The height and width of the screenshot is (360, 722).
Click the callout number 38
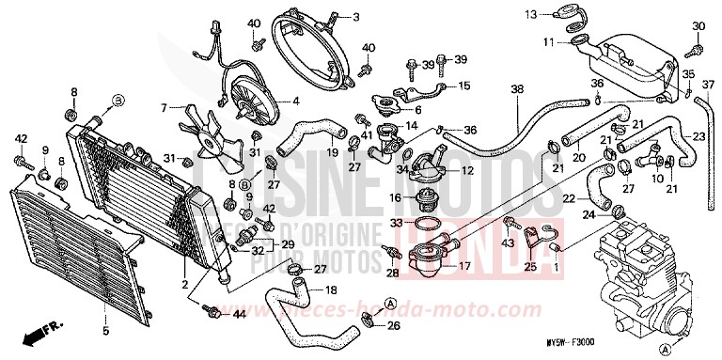516,90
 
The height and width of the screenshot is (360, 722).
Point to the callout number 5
104,331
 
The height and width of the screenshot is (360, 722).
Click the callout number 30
698,25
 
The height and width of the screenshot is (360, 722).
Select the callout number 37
710,85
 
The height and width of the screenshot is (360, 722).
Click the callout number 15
463,86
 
